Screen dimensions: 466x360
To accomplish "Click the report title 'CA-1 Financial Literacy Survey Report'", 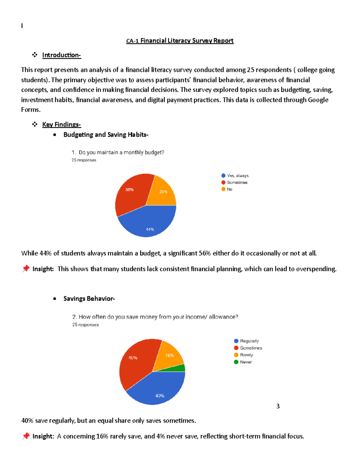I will tap(180, 41).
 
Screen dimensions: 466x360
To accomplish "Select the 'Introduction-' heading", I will tap(61, 55).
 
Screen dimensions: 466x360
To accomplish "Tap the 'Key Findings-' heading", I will tap(61, 125).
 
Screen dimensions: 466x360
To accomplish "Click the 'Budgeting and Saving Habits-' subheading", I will tap(106, 135).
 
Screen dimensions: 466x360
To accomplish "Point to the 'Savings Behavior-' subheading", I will tap(89, 299).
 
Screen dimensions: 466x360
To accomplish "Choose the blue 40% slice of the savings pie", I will tap(159, 390).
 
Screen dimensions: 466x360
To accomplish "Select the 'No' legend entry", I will tap(229, 189).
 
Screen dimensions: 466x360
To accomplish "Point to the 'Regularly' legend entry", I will tap(249, 341).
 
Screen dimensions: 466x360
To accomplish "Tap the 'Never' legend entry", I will tap(246, 362).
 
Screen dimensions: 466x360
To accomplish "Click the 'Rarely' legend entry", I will tap(246, 355).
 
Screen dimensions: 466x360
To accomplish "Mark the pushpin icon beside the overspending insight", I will tap(26, 269).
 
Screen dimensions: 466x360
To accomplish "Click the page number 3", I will tap(278, 406).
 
